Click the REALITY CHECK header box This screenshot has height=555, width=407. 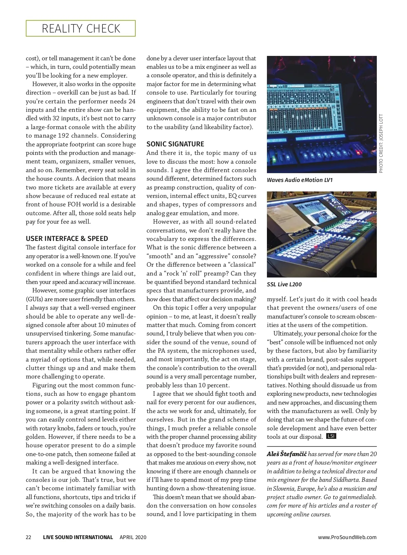tap(81, 28)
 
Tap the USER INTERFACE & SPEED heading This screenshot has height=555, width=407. tap(67, 239)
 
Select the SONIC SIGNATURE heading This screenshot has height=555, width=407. tap(175, 144)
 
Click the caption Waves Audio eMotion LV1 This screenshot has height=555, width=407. tap(299, 180)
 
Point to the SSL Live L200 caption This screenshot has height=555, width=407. tap(284, 284)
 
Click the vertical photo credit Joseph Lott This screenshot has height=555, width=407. tap(381, 143)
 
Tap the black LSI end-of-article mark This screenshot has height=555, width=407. tap(331, 436)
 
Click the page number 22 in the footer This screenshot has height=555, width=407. tap(28, 537)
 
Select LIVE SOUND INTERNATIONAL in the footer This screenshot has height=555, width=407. tap(78, 537)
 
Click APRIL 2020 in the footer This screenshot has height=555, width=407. tap(133, 537)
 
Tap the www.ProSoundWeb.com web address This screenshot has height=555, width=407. tap(347, 537)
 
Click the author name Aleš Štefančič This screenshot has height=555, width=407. tap(287, 454)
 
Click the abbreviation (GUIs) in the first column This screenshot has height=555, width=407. tap(34, 299)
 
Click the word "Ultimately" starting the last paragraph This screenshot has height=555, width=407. tap(288, 333)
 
